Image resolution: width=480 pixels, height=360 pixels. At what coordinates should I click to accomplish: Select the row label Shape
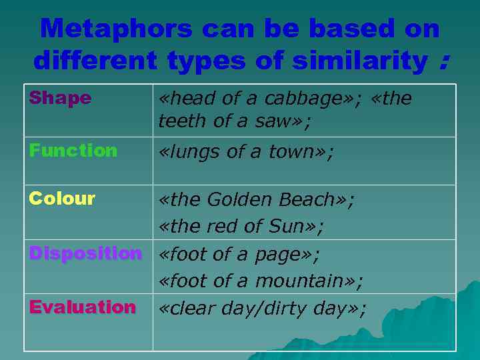60,98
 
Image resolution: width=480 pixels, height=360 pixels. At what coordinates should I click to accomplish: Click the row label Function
73,151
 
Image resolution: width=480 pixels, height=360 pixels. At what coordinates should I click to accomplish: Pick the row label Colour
62,199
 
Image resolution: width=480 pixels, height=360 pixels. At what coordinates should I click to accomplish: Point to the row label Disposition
85,253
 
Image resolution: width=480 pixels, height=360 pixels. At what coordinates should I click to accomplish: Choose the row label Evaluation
82,307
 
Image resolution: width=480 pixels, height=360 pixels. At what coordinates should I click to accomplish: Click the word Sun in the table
287,227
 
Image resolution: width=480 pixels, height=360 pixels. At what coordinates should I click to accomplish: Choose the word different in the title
95,61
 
